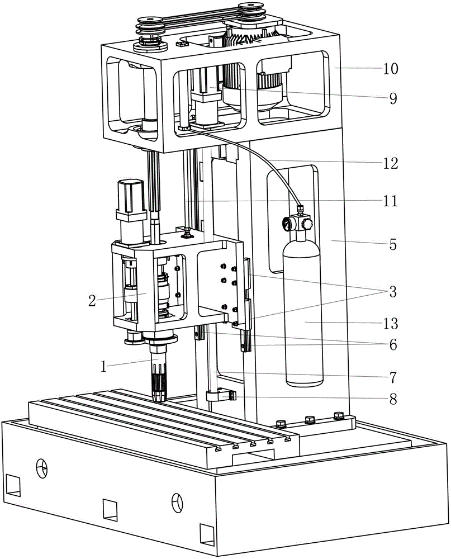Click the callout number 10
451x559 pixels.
[391, 68]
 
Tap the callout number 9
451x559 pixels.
[393, 98]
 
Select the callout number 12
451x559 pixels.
[391, 163]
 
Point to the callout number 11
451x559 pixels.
[391, 201]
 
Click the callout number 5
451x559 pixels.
[393, 245]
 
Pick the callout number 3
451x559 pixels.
[393, 292]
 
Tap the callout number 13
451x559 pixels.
[391, 323]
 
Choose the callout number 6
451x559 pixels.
[393, 344]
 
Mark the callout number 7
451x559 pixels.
[393, 377]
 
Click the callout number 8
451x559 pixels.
[393, 399]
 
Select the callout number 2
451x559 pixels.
[92, 301]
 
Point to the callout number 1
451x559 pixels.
[103, 366]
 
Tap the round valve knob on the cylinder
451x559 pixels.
[306, 224]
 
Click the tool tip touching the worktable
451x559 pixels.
[159, 396]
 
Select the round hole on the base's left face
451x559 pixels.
[42, 467]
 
